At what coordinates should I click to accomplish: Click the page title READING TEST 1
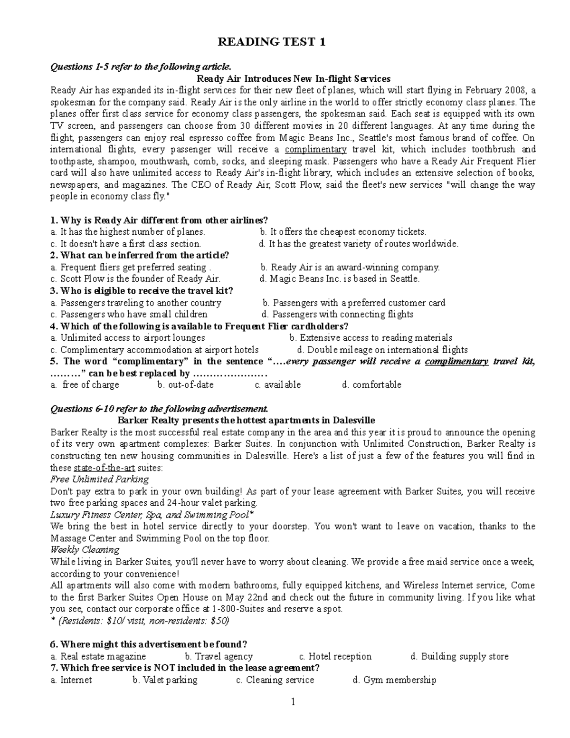pyautogui.click(x=272, y=42)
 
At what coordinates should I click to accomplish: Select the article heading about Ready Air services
pyautogui.click(x=293, y=78)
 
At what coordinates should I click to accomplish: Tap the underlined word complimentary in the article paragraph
pyautogui.click(x=315, y=149)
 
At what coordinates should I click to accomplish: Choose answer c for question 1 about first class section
pyautogui.click(x=126, y=244)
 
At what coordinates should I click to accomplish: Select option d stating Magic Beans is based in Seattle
pyautogui.click(x=340, y=279)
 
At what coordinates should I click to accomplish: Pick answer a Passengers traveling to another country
pyautogui.click(x=136, y=303)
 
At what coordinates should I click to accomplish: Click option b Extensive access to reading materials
pyautogui.click(x=370, y=338)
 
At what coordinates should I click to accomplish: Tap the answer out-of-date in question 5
pyautogui.click(x=186, y=385)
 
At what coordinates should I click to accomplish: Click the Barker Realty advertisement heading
pyautogui.click(x=246, y=420)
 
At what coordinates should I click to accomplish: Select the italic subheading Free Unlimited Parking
pyautogui.click(x=99, y=479)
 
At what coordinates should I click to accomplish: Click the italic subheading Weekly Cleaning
pyautogui.click(x=85, y=550)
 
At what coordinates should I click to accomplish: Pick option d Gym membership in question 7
pyautogui.click(x=394, y=680)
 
